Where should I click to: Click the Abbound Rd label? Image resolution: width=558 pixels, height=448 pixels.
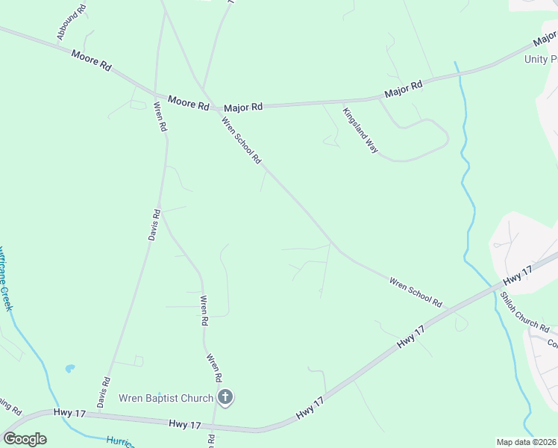coord(72,23)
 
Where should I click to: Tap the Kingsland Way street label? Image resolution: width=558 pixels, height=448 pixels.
coord(360,130)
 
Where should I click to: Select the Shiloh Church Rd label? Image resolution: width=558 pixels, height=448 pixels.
coord(524,311)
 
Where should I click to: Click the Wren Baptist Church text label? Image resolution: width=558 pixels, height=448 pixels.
coord(166,399)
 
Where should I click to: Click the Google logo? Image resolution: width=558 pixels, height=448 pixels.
coord(25,439)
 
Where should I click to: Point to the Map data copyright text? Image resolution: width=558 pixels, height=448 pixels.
coord(525,442)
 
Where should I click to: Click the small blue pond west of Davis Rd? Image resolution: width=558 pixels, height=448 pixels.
coord(70,368)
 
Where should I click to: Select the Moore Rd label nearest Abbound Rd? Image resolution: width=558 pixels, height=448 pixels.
coord(92,60)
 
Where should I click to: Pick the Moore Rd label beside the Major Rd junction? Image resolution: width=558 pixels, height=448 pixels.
coord(188,103)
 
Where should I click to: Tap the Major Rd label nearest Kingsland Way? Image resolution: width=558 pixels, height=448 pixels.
coord(404,90)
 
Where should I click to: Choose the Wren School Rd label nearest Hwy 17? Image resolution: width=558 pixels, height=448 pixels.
coord(416,292)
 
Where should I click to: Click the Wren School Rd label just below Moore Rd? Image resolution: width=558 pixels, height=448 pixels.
coord(242,138)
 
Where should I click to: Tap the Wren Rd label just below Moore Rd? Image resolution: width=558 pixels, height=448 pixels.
coord(160,117)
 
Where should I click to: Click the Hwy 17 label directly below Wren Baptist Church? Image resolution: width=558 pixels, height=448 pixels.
coord(186,423)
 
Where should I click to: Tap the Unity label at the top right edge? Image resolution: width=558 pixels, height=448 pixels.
coord(542,60)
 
